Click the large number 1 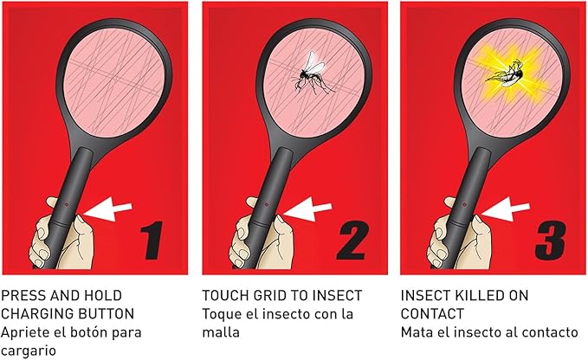pyautogui.click(x=152, y=240)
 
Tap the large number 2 pyautogui.click(x=352, y=240)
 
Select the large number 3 pyautogui.click(x=550, y=240)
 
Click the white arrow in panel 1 pyautogui.click(x=108, y=209)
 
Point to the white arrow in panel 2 pyautogui.click(x=307, y=209)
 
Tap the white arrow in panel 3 pyautogui.click(x=506, y=209)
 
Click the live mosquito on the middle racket pyautogui.click(x=311, y=74)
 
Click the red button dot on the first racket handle pyautogui.click(x=67, y=204)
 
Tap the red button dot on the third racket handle pyautogui.click(x=464, y=204)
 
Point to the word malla pyautogui.click(x=221, y=332)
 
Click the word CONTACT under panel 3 pyautogui.click(x=432, y=313)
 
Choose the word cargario pyautogui.click(x=29, y=351)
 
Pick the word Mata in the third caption pyautogui.click(x=415, y=332)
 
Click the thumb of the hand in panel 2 pyautogui.click(x=252, y=202)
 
